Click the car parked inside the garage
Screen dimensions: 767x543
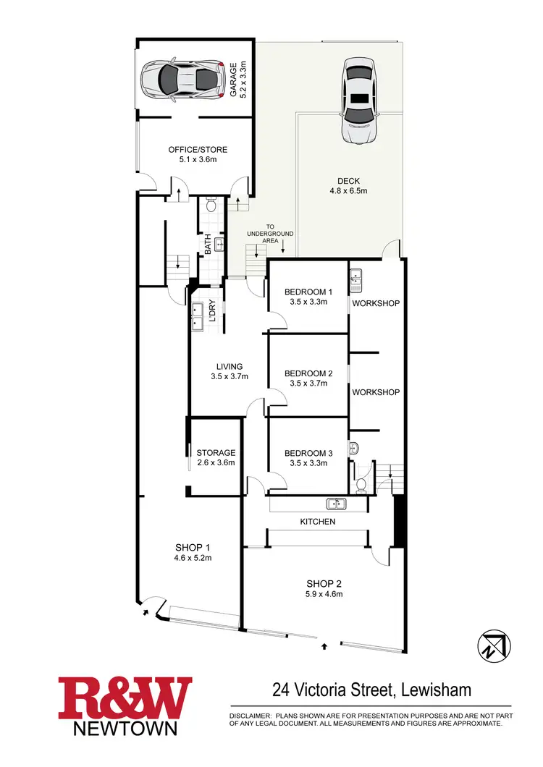[180, 78]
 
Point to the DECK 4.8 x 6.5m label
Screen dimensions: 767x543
[348, 187]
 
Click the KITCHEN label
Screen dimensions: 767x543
[318, 521]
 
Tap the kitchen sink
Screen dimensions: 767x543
[336, 504]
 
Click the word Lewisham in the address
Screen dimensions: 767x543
[435, 690]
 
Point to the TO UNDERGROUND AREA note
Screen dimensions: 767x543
[269, 234]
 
